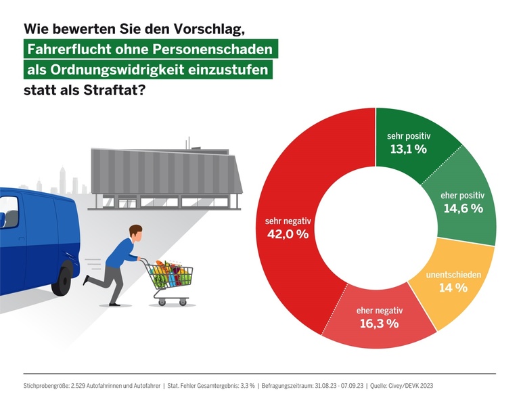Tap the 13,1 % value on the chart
pos(407,149)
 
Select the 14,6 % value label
pos(463,208)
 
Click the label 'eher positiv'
pos(463,195)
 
